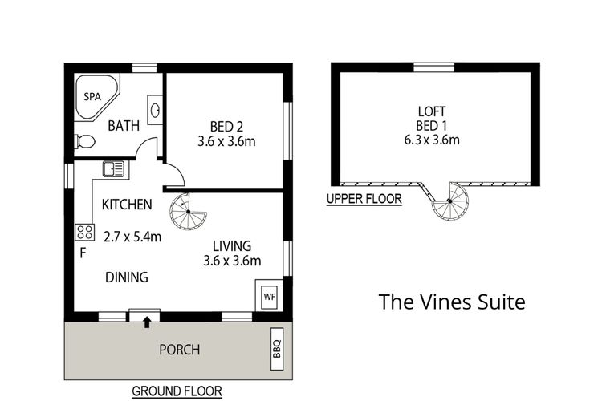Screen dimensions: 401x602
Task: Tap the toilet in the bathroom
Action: [84, 142]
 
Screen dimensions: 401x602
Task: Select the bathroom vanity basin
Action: [155, 108]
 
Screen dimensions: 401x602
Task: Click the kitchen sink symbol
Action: [113, 168]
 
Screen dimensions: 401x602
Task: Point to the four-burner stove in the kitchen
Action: [84, 232]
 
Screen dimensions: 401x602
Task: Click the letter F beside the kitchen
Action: [82, 254]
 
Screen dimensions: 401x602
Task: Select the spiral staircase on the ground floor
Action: [188, 212]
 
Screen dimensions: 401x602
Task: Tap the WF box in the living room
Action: [268, 294]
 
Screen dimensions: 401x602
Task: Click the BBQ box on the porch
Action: [277, 349]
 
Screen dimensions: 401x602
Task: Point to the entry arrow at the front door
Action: [147, 322]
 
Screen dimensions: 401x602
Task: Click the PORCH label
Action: [180, 350]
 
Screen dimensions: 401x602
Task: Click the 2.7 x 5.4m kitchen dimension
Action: [133, 236]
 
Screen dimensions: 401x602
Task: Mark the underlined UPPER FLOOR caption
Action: [364, 199]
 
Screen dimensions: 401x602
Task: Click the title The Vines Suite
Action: [451, 302]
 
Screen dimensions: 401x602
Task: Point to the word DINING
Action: [127, 277]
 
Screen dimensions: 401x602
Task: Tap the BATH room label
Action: [124, 125]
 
